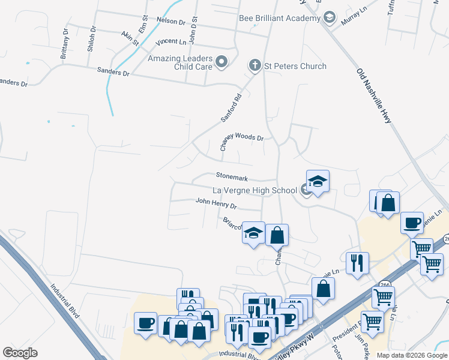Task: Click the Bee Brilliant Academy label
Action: [280, 18]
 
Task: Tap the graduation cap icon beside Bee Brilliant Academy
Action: [329, 18]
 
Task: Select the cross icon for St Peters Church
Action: [255, 66]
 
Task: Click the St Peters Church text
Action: [296, 66]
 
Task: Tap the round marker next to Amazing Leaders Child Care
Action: [222, 61]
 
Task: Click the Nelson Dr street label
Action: [171, 20]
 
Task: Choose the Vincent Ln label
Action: [170, 42]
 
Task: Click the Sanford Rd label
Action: [231, 108]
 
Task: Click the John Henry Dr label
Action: [216, 204]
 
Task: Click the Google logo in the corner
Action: [20, 353]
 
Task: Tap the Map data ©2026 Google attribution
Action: [412, 355]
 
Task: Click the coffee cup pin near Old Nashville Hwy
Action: [412, 223]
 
